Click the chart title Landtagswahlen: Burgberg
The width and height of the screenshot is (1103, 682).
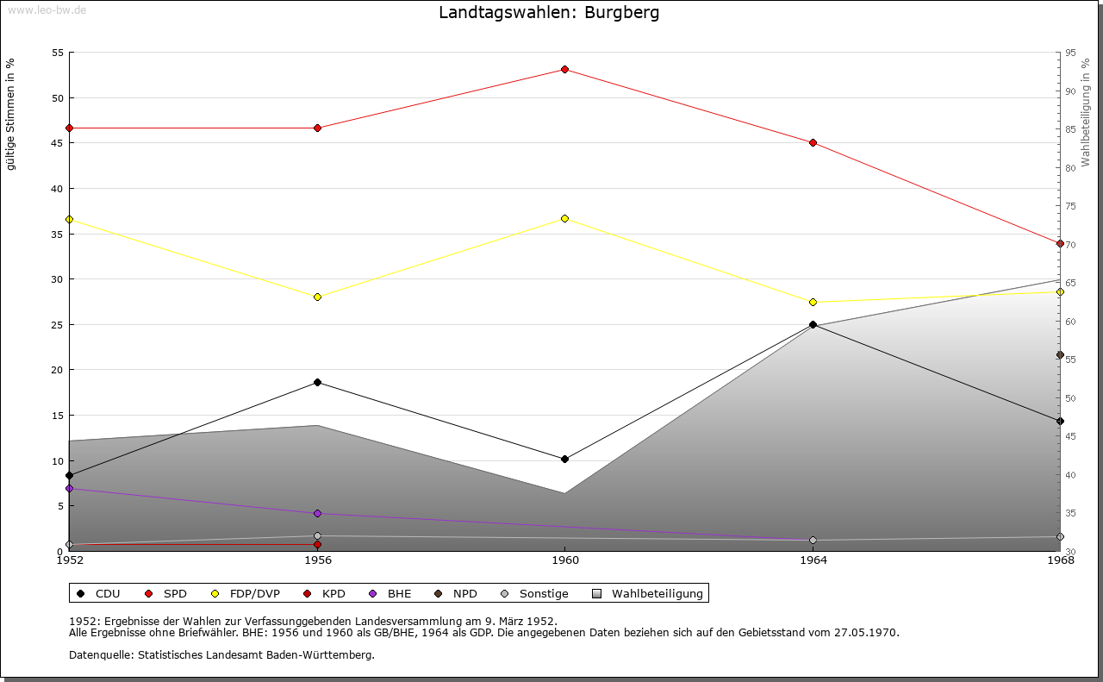tap(549, 13)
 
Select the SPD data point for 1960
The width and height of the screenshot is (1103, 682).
tap(564, 69)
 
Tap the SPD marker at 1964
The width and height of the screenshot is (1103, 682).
tap(813, 142)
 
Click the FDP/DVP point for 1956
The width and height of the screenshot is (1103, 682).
tap(317, 297)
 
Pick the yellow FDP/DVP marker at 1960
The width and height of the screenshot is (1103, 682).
tap(564, 218)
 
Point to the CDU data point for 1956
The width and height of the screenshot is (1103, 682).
tap(317, 382)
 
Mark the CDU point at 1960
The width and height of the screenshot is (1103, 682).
tap(564, 459)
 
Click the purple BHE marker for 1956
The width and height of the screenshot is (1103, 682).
tap(317, 513)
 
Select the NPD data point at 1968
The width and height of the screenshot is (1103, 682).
tap(1060, 354)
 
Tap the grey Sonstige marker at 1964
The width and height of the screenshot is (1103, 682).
tap(813, 541)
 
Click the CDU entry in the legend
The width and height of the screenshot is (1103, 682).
tap(98, 593)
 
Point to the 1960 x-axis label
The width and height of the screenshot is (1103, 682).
tap(564, 560)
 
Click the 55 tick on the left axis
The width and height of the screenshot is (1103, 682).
tap(58, 53)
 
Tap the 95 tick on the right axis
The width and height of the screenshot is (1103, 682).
tap(1070, 53)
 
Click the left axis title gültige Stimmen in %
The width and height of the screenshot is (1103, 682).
tap(11, 114)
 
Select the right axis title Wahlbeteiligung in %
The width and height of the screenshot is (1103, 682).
tap(1086, 112)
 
